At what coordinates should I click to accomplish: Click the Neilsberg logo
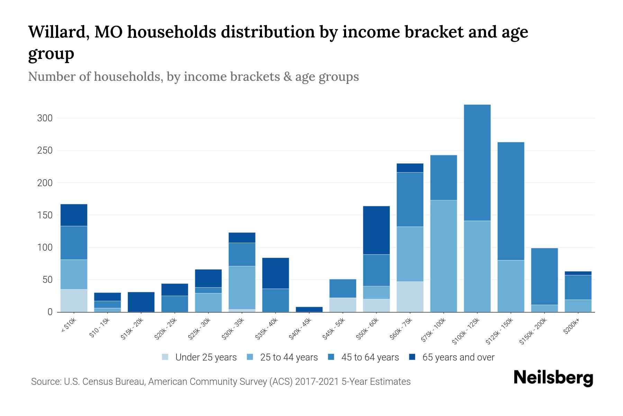[x=553, y=378]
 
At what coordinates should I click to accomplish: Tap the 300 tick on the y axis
[x=45, y=118]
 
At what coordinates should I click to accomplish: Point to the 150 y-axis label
[x=45, y=215]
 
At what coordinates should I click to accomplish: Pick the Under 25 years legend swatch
[x=165, y=357]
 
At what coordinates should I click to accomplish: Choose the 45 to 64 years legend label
[x=370, y=357]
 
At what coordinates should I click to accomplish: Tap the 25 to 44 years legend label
[x=289, y=357]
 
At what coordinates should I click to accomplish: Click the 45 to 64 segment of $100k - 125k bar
[x=477, y=163]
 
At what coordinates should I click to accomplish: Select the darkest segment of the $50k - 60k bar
[x=376, y=230]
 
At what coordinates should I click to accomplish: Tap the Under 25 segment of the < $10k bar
[x=74, y=301]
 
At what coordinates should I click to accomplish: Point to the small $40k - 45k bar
[x=309, y=309]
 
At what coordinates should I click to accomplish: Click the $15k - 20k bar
[x=141, y=302]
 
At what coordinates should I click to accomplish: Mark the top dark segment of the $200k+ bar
[x=578, y=273]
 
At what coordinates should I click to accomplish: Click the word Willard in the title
[x=57, y=32]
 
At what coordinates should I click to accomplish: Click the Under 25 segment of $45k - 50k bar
[x=343, y=305]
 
